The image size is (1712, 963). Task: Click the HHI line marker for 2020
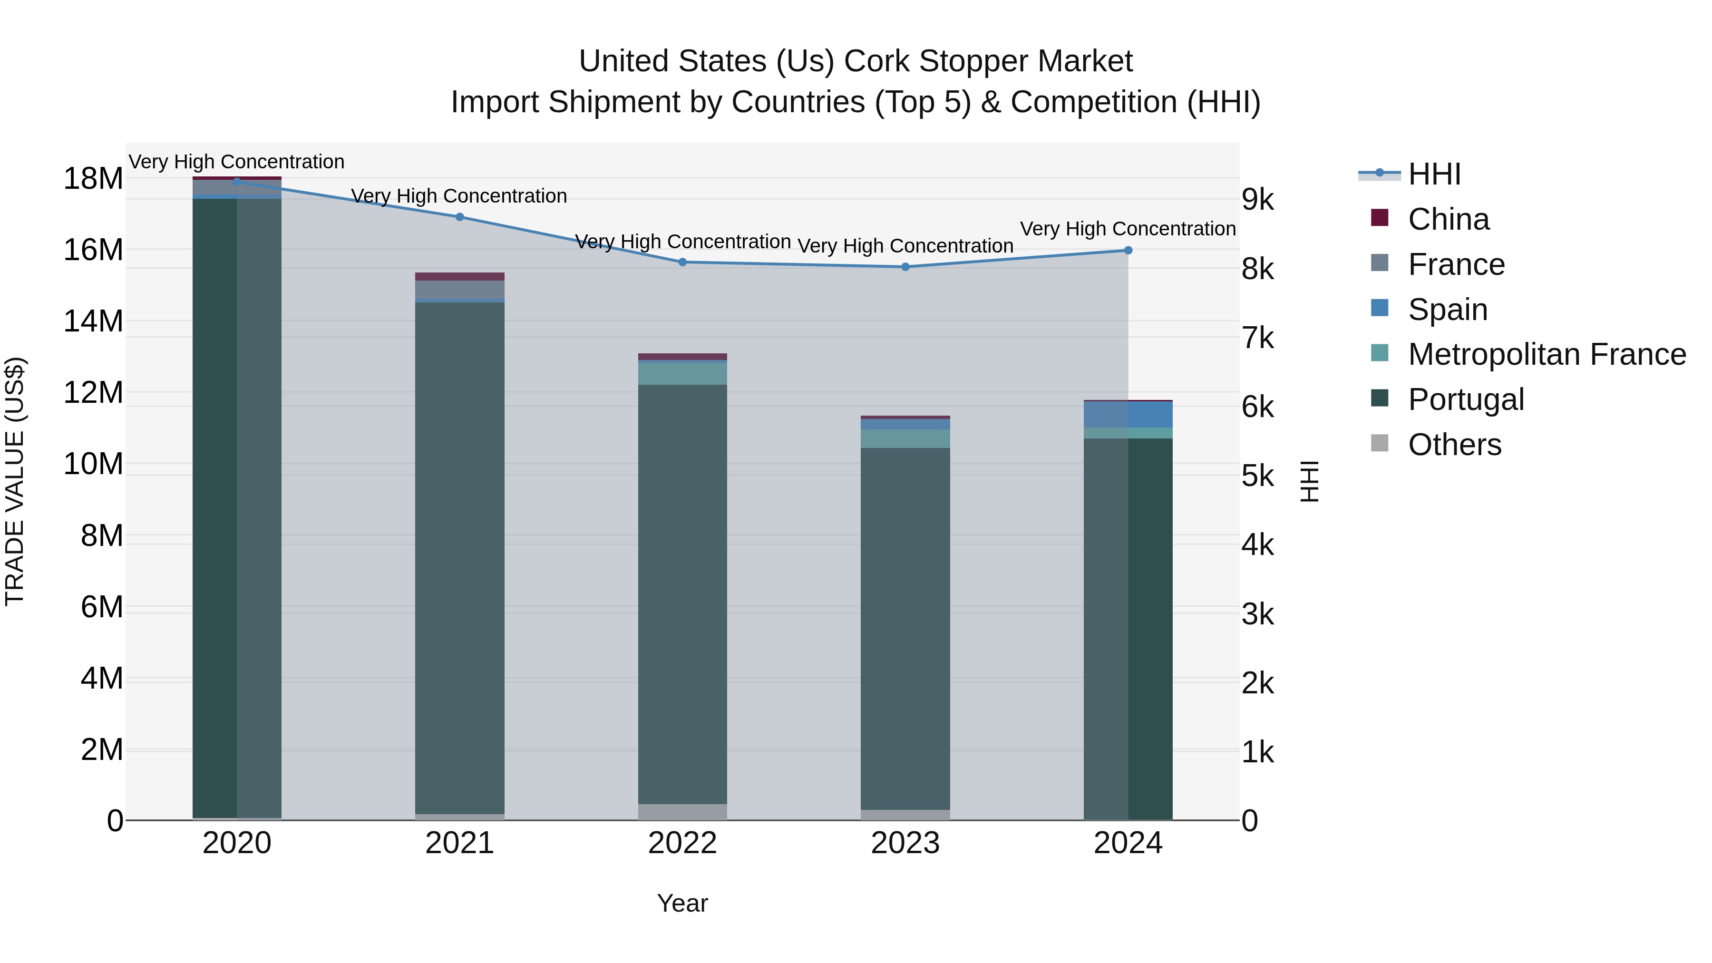click(237, 182)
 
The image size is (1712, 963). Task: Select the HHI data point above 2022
click(682, 263)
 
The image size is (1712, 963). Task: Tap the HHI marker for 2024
click(1128, 251)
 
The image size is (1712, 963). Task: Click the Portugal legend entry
click(1466, 399)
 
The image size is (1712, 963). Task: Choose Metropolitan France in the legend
click(1547, 354)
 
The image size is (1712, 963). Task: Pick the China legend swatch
click(1380, 218)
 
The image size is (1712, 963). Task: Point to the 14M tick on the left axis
click(93, 321)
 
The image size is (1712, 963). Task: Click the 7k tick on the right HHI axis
click(1257, 338)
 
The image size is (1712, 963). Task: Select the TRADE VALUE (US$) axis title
click(15, 481)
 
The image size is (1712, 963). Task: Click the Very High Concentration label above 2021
click(459, 196)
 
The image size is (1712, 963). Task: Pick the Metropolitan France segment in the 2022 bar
click(682, 373)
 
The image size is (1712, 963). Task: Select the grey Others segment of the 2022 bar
click(682, 812)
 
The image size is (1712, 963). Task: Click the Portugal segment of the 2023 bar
click(905, 628)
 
